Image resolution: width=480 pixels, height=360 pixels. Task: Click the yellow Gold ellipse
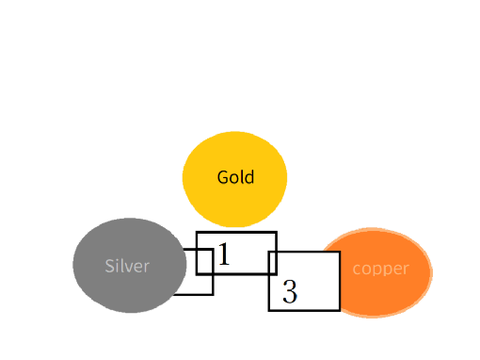(x=235, y=179)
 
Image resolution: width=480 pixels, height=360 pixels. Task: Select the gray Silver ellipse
(x=130, y=265)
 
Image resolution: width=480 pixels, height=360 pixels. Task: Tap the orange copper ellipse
(x=377, y=273)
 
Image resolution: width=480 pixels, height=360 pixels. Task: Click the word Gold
(x=236, y=177)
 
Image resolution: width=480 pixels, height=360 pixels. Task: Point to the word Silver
(x=127, y=266)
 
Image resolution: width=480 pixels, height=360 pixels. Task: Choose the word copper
(x=381, y=269)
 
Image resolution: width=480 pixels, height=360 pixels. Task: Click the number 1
(x=224, y=254)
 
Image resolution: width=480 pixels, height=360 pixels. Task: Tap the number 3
(x=290, y=291)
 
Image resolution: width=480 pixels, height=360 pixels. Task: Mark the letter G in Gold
(x=223, y=177)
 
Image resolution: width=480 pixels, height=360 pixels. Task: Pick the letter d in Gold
(x=249, y=177)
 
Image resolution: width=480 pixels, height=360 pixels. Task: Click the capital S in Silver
(x=109, y=266)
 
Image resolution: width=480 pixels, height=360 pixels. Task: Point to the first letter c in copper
(x=356, y=269)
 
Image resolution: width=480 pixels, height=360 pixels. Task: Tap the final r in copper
(x=406, y=269)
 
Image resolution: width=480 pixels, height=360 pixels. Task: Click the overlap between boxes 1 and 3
(x=273, y=263)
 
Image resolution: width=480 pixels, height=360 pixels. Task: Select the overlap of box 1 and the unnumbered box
(x=205, y=262)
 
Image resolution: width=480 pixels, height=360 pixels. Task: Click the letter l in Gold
(x=242, y=177)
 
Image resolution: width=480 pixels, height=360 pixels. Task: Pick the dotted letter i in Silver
(x=117, y=266)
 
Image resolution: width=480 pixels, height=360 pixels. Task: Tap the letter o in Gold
(x=235, y=179)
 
